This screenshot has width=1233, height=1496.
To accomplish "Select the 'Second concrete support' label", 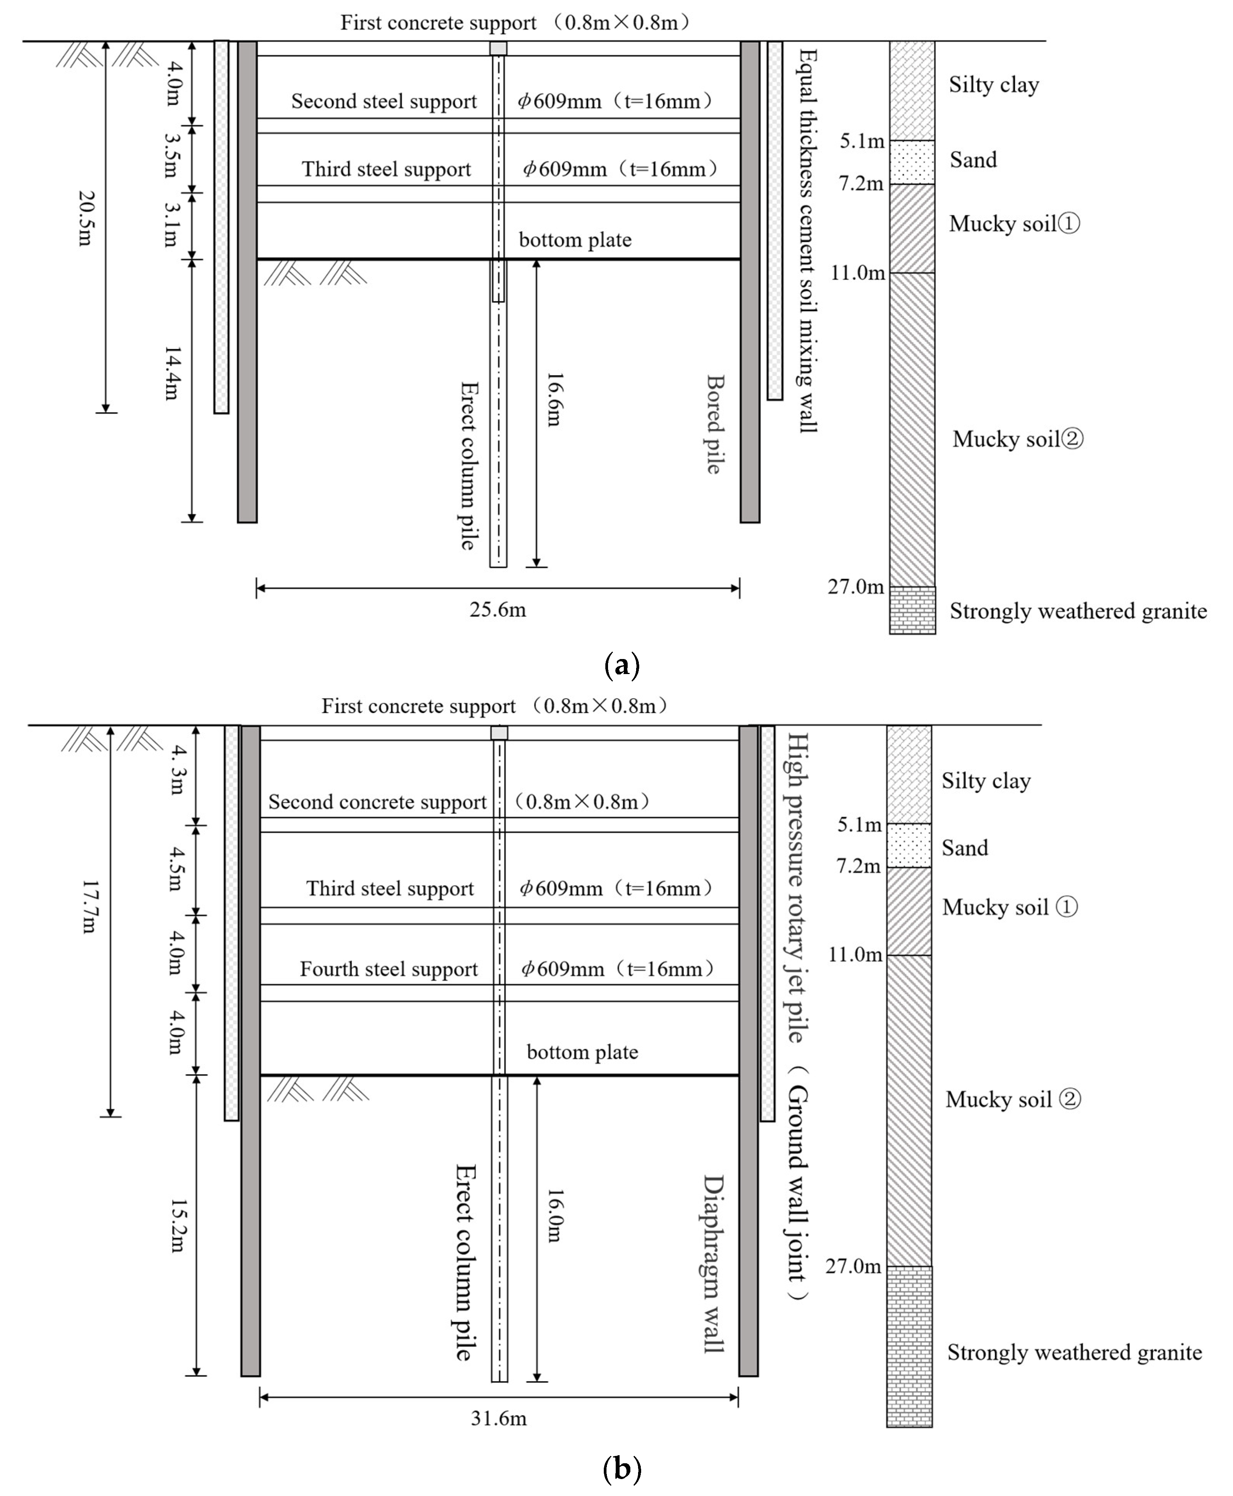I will tap(377, 802).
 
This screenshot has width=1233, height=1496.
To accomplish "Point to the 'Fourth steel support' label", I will tap(389, 969).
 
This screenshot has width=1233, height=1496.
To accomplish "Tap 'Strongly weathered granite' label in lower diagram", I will tap(1074, 1352).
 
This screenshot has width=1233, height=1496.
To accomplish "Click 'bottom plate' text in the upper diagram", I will tap(575, 240).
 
